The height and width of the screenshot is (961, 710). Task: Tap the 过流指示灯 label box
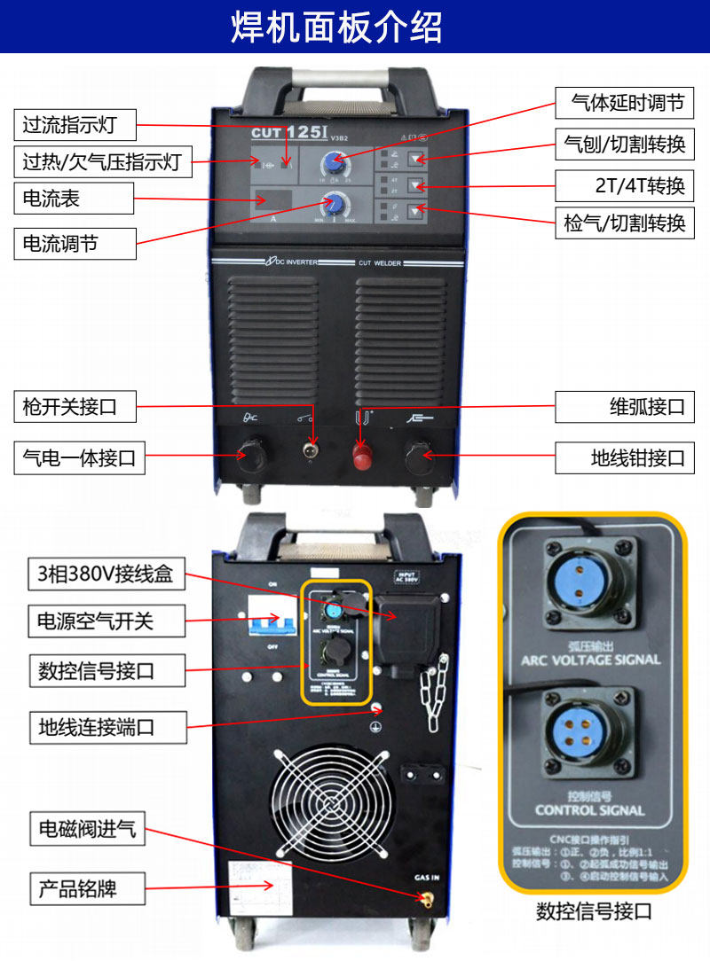coord(75,125)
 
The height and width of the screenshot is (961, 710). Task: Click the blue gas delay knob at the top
coord(334,162)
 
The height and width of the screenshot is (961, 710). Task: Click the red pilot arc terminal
coord(361,456)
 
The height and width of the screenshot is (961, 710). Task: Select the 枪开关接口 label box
coord(75,408)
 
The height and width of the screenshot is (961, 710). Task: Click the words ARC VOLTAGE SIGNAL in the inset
coord(590,660)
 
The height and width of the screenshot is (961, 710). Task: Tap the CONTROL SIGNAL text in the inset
coord(590,809)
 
